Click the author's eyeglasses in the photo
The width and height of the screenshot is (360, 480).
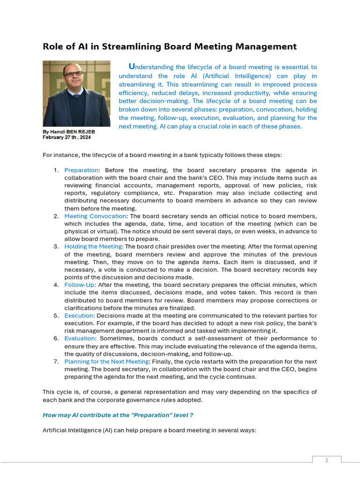[x=74, y=74]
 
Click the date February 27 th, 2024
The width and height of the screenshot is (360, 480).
[x=67, y=137]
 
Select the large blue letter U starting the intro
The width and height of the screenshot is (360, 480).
[x=131, y=67]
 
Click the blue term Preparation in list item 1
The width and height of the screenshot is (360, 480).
[x=81, y=170]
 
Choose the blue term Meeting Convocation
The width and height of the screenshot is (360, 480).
[x=95, y=216]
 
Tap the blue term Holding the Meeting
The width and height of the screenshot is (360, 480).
[x=93, y=247]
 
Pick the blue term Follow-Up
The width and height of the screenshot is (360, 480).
[x=79, y=285]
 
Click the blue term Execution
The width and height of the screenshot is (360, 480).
[x=78, y=315]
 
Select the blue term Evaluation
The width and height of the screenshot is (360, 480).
[x=79, y=338]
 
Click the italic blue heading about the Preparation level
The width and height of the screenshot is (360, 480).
[x=118, y=415]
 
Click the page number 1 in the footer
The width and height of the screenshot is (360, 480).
[x=327, y=460]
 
